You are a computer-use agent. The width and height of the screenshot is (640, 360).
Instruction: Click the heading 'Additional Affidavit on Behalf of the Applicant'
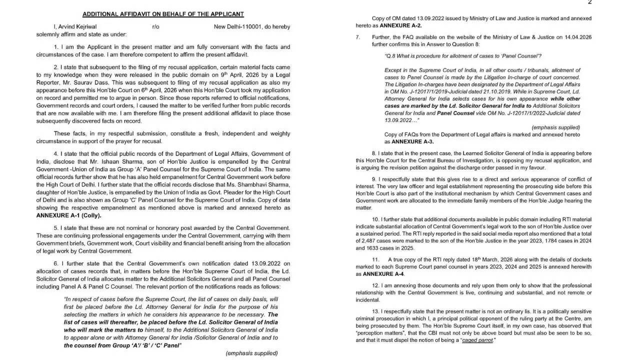tap(163, 14)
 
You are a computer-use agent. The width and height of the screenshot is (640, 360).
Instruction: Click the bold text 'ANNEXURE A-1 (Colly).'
tap(68, 215)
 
